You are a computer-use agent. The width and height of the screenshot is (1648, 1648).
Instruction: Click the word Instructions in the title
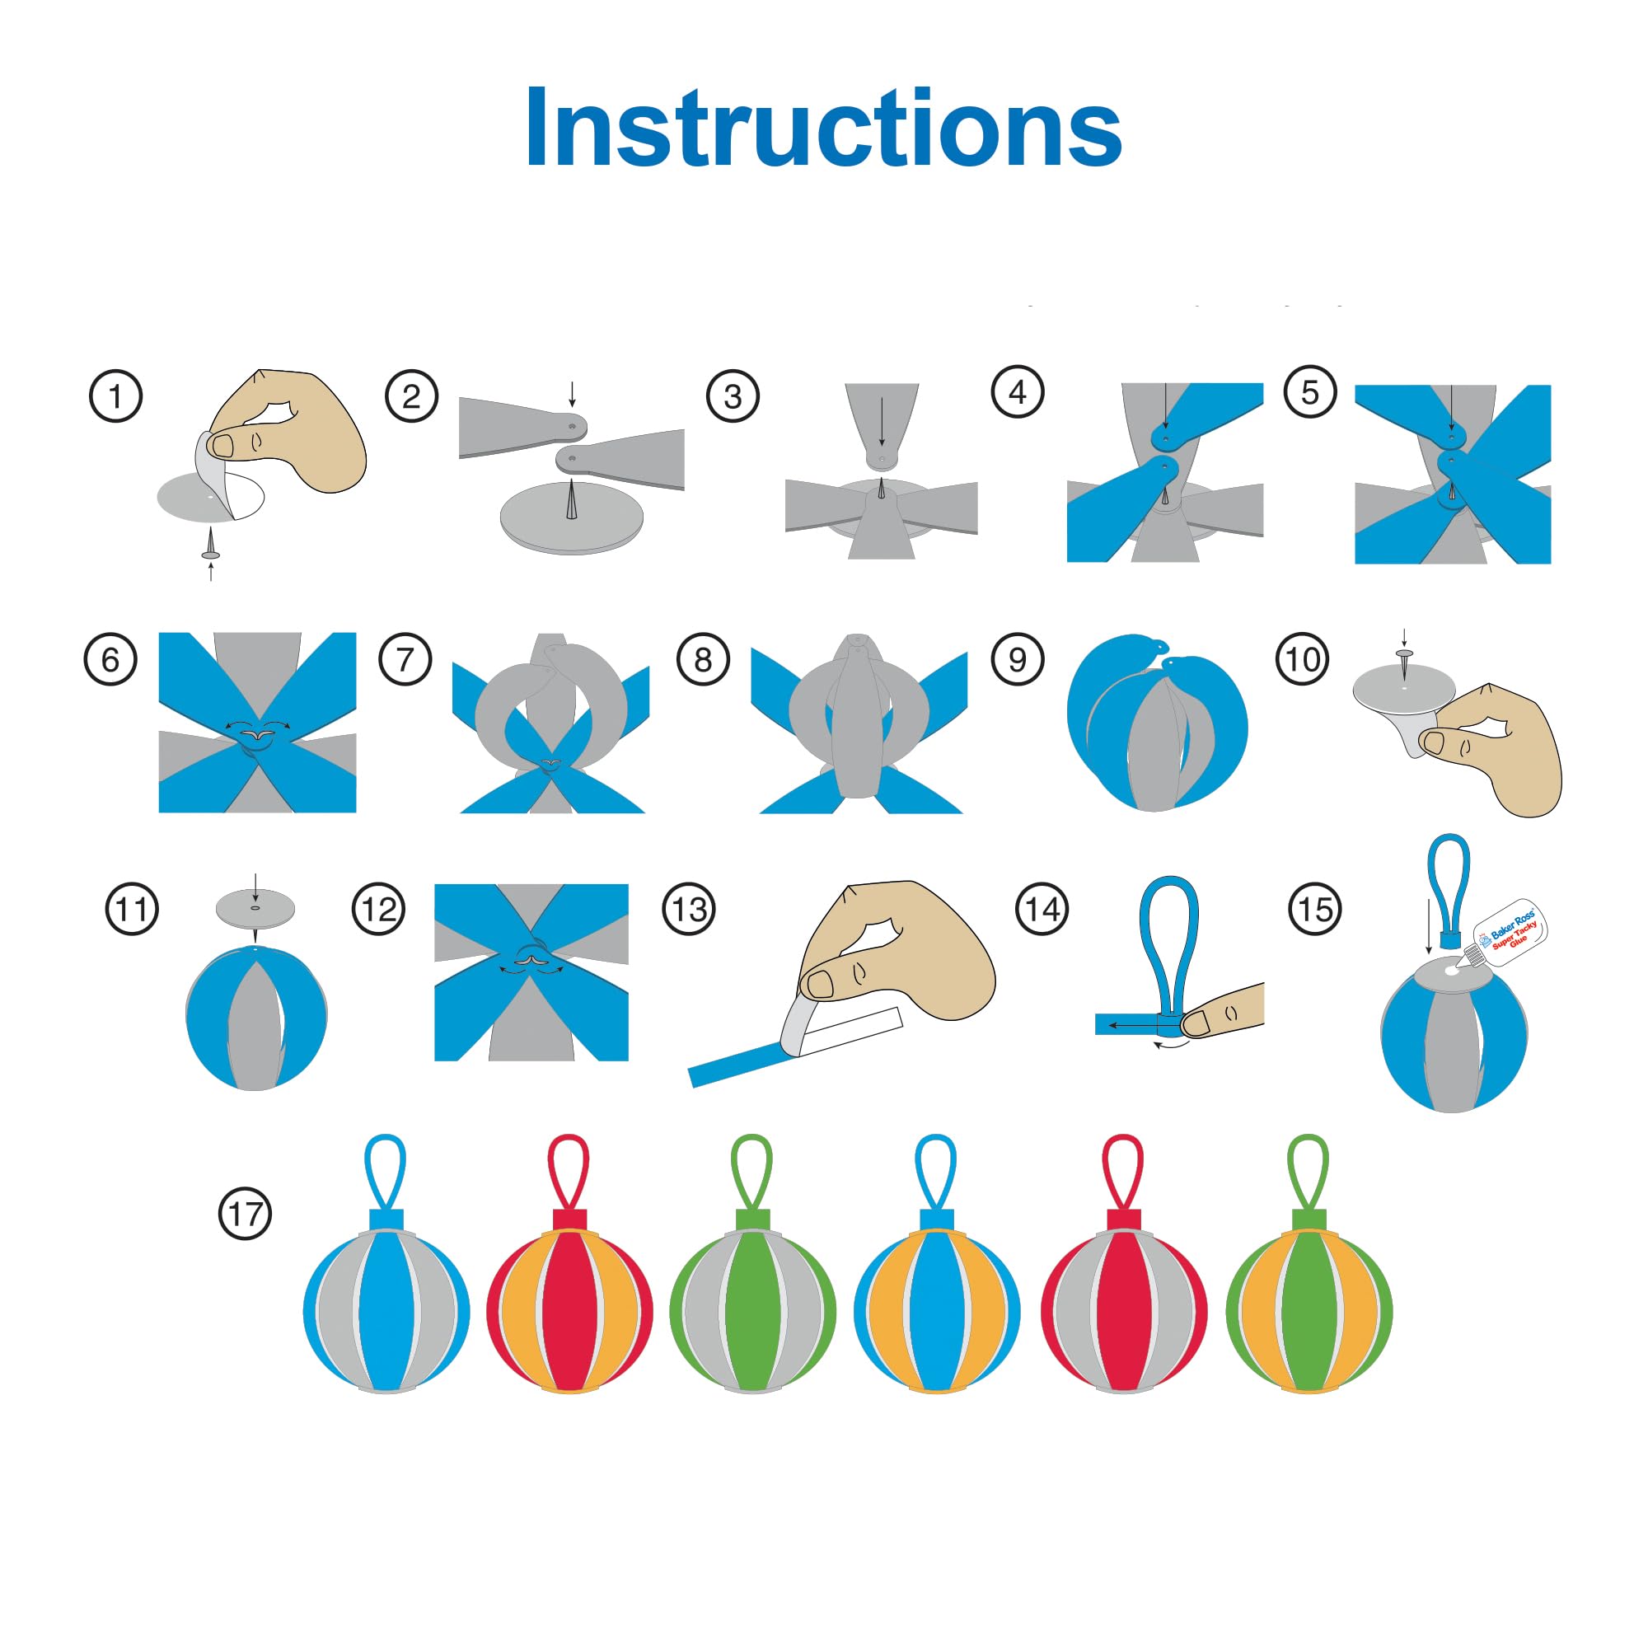click(823, 128)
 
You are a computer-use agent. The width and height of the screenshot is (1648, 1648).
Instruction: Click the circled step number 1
click(115, 396)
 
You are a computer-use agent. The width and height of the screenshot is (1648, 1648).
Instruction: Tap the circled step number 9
click(1018, 658)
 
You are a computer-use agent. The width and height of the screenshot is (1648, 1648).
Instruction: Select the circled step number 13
click(689, 910)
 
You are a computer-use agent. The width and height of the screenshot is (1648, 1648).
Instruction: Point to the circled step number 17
click(246, 1213)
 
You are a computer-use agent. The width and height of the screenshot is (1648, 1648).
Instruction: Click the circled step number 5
click(1310, 391)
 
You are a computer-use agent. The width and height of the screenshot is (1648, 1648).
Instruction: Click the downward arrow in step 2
click(572, 394)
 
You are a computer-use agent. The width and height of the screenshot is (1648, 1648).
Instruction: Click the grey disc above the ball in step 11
click(254, 907)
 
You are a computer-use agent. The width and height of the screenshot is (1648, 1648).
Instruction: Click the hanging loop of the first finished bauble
click(385, 1172)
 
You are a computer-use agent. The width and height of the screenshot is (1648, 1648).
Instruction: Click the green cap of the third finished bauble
click(752, 1220)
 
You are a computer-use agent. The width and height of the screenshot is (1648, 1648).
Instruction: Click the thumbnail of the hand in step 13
click(820, 984)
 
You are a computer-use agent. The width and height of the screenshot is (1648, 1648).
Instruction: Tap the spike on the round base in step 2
click(570, 499)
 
